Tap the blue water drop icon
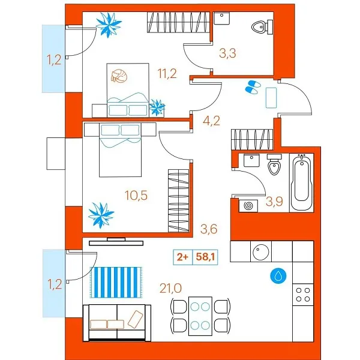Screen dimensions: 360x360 click(278, 275)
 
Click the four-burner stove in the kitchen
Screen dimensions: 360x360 click(302, 294)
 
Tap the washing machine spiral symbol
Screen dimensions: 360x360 click(247, 205)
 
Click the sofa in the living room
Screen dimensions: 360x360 click(116, 317)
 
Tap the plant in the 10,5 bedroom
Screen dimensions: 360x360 click(100, 214)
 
